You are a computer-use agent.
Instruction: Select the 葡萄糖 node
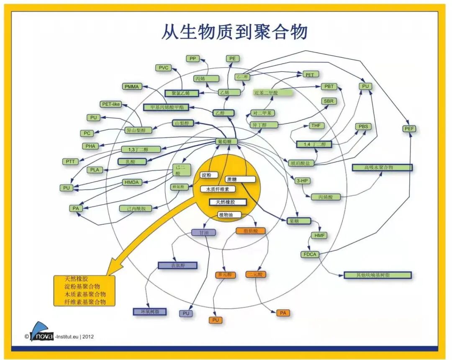point(227,142)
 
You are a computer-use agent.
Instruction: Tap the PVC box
point(163,68)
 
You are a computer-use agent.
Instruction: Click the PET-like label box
point(111,104)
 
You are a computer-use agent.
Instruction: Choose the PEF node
point(410,129)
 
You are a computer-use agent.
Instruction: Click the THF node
point(315,126)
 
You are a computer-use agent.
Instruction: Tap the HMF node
point(320,236)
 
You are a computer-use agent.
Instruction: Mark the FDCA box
point(309,254)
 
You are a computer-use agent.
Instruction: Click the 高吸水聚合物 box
point(382,167)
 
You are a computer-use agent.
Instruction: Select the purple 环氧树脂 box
point(149,311)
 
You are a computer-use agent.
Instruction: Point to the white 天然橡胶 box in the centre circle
point(228,202)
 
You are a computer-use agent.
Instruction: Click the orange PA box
point(283,313)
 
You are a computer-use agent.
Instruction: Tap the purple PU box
point(186,313)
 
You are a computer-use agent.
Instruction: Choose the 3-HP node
point(303,181)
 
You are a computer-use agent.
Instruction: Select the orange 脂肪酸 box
point(250,231)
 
